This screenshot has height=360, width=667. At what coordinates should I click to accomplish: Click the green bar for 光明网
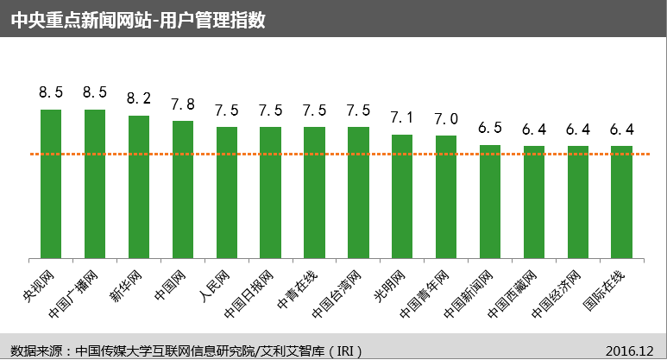[x=402, y=196]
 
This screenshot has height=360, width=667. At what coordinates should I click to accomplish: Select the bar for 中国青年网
[x=446, y=197]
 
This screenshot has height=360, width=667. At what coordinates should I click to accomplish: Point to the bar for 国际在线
[x=621, y=202]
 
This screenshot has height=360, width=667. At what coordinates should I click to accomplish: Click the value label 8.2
[x=139, y=98]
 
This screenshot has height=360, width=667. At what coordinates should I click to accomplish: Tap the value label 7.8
[x=183, y=104]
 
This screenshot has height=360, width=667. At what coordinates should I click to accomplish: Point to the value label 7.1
[x=402, y=117]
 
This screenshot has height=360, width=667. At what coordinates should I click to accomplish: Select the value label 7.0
[x=446, y=119]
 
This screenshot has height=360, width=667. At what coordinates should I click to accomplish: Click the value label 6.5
[x=490, y=128]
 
